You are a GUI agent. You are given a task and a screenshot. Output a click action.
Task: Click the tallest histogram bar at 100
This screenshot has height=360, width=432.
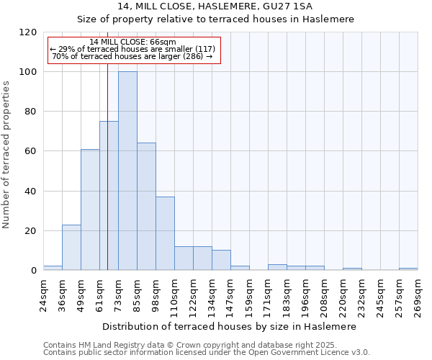point(127,171)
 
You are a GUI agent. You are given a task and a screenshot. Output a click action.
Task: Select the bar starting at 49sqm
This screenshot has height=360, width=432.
point(90,210)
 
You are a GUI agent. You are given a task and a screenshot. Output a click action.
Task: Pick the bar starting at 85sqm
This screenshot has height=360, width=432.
point(146,207)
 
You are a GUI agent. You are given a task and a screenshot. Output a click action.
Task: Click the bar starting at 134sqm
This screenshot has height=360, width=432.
point(221,261)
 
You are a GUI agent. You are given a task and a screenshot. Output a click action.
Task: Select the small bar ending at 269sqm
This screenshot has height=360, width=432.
point(408,269)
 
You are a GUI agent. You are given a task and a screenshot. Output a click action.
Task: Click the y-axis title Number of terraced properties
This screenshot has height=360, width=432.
point(7,155)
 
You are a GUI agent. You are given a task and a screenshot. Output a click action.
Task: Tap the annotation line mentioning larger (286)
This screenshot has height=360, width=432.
point(132,56)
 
